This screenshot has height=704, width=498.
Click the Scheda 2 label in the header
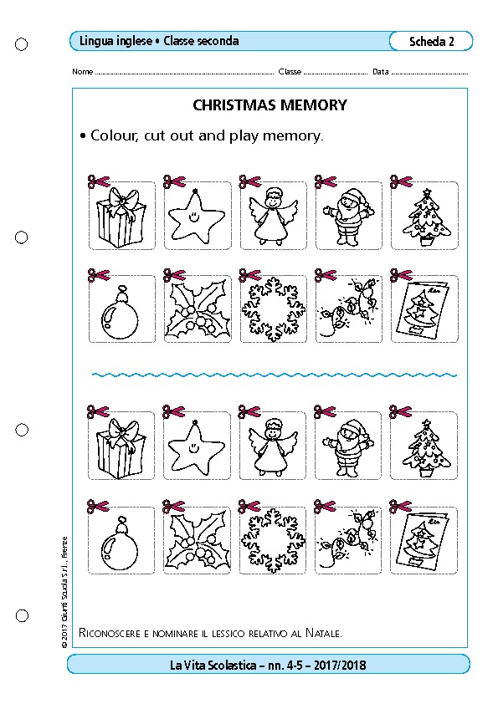(x=432, y=41)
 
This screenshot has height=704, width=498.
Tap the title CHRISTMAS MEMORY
(x=270, y=105)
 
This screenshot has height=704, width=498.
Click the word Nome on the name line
(x=82, y=71)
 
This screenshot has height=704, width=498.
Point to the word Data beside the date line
(x=380, y=71)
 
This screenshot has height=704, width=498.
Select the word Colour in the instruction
(x=115, y=135)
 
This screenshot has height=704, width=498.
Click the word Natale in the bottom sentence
(x=324, y=633)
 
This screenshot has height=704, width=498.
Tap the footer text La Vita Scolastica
(x=213, y=665)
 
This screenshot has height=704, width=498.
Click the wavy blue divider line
(x=275, y=375)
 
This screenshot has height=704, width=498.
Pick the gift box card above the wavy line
(x=122, y=216)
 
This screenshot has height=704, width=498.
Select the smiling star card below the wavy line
(x=197, y=446)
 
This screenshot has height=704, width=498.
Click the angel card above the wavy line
(x=273, y=216)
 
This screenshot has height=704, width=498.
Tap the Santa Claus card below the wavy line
(x=348, y=446)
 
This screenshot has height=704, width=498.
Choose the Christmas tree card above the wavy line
(x=424, y=216)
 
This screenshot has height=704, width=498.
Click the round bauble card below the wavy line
(x=121, y=540)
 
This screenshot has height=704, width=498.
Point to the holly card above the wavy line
(x=198, y=309)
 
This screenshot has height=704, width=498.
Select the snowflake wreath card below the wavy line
(x=272, y=540)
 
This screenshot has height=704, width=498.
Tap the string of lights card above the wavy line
(x=349, y=309)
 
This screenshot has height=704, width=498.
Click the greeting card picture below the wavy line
(x=424, y=540)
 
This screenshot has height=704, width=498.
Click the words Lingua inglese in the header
(x=116, y=41)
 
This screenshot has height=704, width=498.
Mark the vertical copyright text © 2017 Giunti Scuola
(x=64, y=593)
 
